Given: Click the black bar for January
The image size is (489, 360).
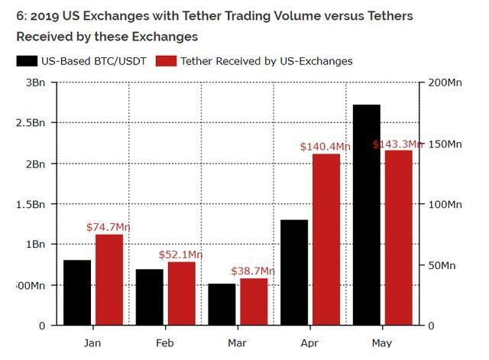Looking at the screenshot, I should click(77, 293).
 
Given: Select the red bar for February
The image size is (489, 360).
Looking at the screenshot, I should click(181, 294).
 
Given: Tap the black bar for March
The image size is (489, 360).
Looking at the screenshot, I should click(222, 304).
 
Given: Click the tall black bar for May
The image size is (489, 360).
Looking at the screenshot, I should click(366, 215).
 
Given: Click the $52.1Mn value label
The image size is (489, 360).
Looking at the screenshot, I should click(181, 255).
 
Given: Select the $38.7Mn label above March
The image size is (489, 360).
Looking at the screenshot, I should click(253, 271).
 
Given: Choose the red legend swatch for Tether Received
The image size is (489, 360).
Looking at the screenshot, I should click(166, 61).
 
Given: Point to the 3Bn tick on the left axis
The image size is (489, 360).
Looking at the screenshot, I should click(34, 82).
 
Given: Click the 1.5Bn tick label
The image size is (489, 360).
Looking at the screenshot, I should click(30, 204).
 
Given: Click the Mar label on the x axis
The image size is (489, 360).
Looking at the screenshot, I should click(237, 343).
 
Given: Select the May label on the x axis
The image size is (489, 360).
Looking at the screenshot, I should click(381, 343).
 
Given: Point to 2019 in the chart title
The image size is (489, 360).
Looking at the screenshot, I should click(37, 16).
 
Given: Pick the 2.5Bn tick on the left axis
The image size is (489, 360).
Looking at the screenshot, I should click(30, 122).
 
